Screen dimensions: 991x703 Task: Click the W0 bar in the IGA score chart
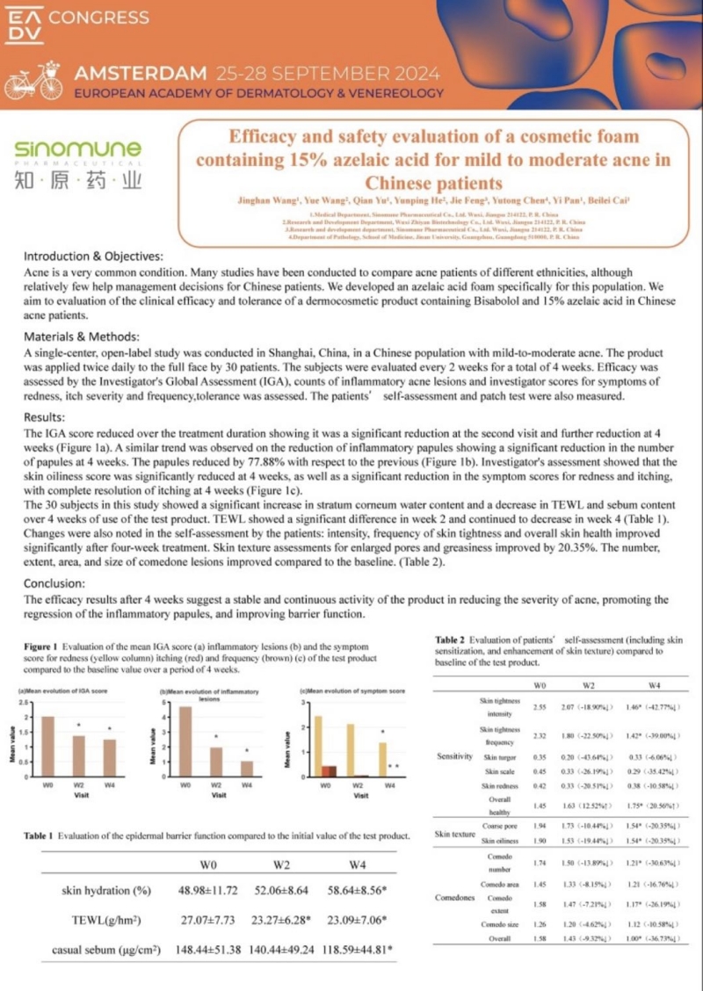point(49,747)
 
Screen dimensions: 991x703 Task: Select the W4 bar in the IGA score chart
point(109,758)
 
